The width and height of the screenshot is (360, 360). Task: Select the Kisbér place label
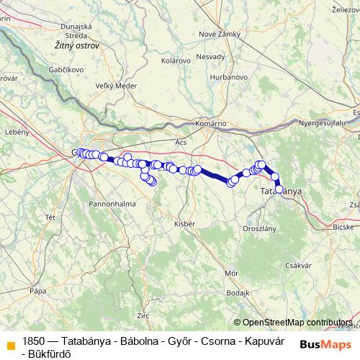tap(185, 224)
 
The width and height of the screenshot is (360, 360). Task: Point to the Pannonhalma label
tap(112, 204)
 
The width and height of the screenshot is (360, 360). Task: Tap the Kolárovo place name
tap(176, 60)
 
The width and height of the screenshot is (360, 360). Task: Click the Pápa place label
tap(38, 290)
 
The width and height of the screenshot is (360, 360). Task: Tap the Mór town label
tap(232, 273)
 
